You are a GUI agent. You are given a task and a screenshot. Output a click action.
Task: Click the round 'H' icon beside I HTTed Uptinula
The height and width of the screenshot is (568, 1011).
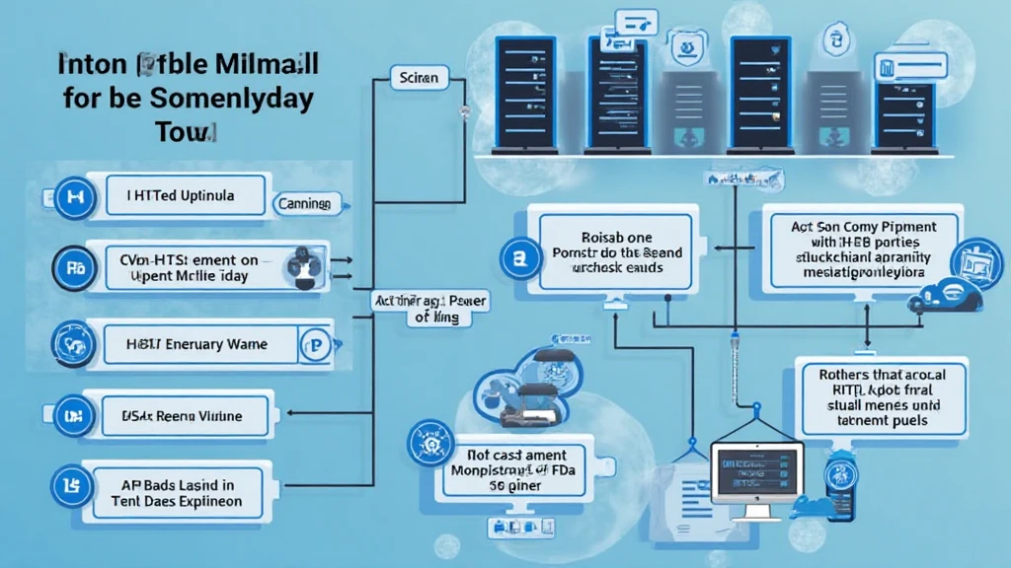click(72, 196)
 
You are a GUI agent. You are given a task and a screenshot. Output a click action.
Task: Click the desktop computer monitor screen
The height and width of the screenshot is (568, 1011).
click(757, 472)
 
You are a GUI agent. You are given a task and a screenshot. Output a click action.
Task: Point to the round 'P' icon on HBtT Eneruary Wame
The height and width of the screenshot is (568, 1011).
click(318, 345)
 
